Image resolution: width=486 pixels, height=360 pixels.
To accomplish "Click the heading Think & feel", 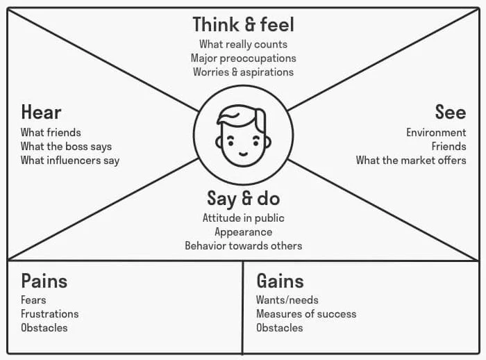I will coord(243,25).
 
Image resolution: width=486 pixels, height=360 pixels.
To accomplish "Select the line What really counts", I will coord(243,44).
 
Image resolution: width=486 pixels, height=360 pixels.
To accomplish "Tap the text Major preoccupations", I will coord(243,58).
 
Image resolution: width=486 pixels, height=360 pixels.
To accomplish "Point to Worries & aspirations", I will coord(243,72).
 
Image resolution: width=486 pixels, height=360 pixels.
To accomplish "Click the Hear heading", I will coord(41,113).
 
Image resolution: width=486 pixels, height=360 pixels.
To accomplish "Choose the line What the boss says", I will coord(66,147).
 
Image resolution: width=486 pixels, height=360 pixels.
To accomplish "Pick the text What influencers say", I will coord(70,161).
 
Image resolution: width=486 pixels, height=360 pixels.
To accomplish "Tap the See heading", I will coord(451,113).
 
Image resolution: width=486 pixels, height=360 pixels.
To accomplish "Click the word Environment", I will coord(436,133).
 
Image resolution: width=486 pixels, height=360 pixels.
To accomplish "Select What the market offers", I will coord(411,161).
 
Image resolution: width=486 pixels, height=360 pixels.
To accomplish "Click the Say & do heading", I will coord(243,199).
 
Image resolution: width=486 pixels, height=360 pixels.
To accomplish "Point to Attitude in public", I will coord(243,218).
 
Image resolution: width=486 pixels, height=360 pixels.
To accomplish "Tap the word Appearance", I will coord(243,232).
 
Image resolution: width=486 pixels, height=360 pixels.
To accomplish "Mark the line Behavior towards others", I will coord(243,246).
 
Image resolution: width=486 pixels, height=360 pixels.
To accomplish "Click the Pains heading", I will coord(44,281).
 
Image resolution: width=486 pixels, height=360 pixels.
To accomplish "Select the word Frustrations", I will coord(49,314).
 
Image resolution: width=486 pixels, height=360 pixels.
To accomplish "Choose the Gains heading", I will coord(280,281).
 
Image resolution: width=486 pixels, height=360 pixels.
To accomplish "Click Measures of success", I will coord(306,314).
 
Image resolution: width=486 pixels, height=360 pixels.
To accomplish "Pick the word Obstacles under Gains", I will coord(279,328).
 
